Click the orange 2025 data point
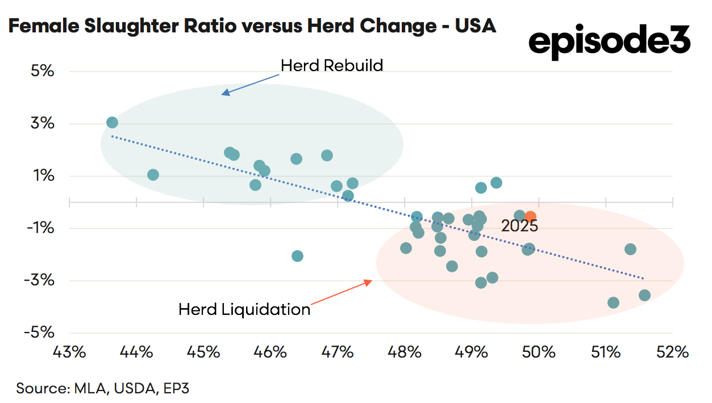(530, 217)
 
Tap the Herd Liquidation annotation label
(244, 309)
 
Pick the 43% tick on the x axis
(69, 352)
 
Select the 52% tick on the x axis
(672, 352)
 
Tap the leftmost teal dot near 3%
(112, 122)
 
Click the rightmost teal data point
(644, 295)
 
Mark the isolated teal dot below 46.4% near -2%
(297, 256)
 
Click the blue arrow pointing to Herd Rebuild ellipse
(251, 84)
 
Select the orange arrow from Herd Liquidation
(341, 293)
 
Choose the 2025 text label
(519, 226)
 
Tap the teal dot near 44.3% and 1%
(153, 175)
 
